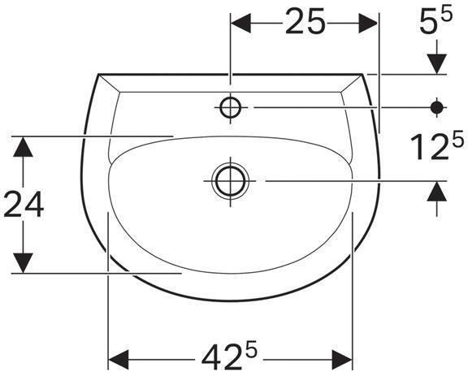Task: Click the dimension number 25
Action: point(305,24)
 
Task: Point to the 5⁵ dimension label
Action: point(435,23)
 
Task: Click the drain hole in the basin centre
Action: point(230,180)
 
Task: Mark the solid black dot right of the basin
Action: point(437,106)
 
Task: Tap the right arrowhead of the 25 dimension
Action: point(369,24)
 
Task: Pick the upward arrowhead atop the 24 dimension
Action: point(24,146)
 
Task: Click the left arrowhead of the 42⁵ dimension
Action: point(119,357)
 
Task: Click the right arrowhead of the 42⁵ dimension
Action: point(343,357)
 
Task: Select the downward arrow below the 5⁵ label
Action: point(437,63)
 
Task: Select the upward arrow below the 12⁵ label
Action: point(437,192)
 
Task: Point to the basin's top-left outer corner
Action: point(98,75)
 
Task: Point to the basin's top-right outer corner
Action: point(363,75)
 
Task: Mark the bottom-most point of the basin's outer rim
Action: point(231,301)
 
